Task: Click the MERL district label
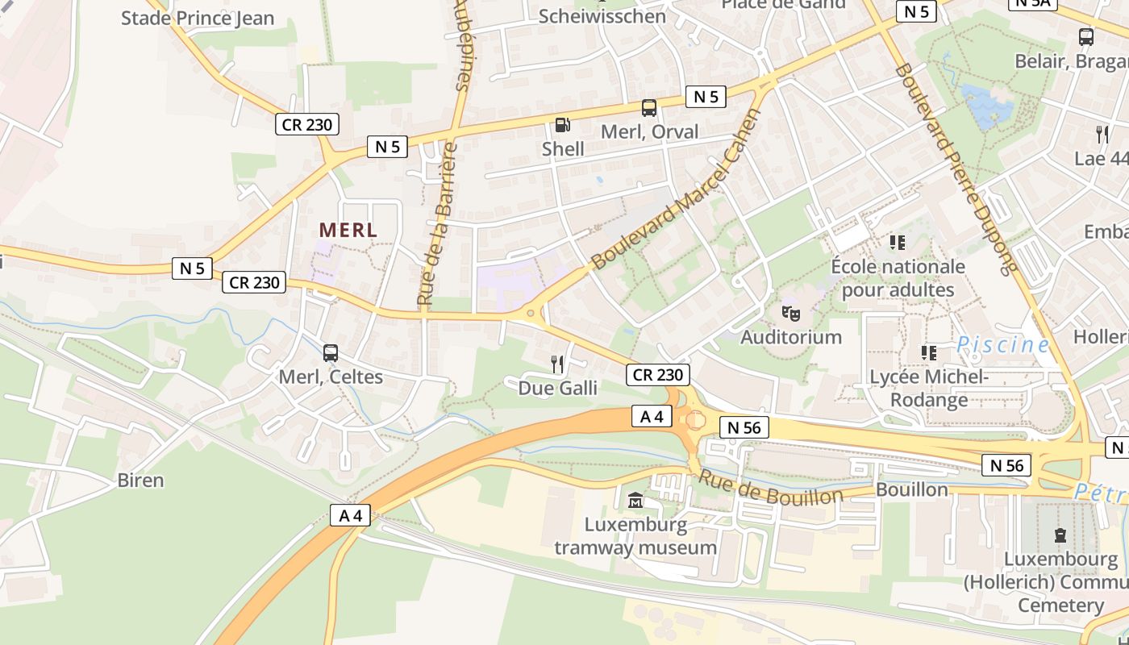pos(348,230)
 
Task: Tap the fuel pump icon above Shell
pos(562,125)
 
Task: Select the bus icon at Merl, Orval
pos(648,108)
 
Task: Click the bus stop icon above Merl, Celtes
pos(330,352)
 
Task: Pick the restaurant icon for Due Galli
pos(557,364)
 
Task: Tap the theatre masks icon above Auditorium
pos(790,312)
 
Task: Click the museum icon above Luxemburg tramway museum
pos(635,501)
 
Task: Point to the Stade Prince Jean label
pos(198,18)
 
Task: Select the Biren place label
pos(140,481)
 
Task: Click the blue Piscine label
pos(1003,345)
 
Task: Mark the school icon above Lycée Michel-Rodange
pos(928,353)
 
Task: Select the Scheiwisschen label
pos(602,16)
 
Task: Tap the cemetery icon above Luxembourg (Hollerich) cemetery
pos(1060,535)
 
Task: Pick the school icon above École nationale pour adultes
pos(897,242)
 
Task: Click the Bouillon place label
pos(911,489)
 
